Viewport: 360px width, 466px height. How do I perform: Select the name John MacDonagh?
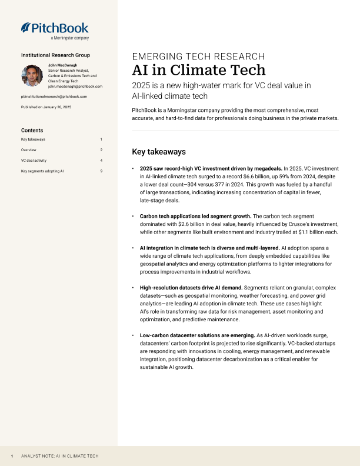tap(63, 65)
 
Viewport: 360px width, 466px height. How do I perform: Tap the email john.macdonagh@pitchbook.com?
tap(75, 86)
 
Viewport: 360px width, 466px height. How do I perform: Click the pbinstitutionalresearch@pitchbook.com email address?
tap(54, 96)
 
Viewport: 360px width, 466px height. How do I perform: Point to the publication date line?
tap(46, 107)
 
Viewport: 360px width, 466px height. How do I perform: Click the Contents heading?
tap(32, 130)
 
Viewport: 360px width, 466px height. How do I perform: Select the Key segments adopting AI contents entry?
tap(42, 171)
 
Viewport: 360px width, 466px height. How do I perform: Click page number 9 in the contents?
tap(101, 171)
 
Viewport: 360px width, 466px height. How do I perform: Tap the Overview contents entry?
tap(28, 150)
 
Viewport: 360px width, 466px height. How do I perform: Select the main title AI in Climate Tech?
tap(198, 71)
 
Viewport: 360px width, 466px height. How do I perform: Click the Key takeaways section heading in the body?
tap(159, 151)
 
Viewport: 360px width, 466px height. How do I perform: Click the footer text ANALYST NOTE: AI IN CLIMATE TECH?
tap(59, 456)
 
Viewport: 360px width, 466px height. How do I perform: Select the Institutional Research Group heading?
tap(55, 55)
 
